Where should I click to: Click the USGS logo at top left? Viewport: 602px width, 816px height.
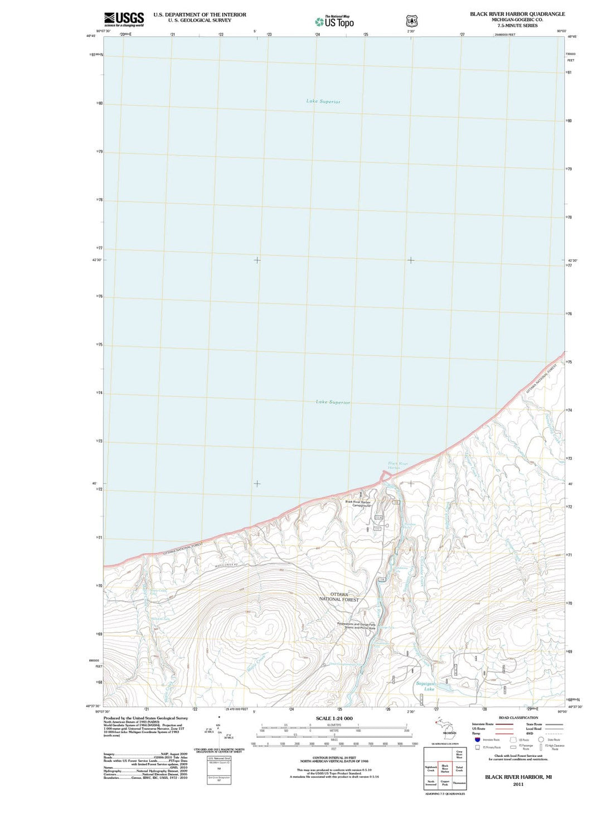pos(124,20)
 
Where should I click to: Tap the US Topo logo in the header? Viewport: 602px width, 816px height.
pos(334,22)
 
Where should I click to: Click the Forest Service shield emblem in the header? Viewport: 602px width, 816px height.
pos(411,21)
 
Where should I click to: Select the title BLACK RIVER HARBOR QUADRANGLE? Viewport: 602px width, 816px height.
pos(517,14)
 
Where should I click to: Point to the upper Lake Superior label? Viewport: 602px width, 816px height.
pos(323,102)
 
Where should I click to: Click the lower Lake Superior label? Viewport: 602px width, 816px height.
pos(333,402)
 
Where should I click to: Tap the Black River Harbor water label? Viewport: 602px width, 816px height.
pos(397,465)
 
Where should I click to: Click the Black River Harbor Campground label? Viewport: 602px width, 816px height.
pos(357,504)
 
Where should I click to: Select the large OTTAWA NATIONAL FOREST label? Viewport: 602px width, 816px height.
pos(339,597)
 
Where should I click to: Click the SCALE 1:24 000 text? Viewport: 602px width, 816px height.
pos(334,718)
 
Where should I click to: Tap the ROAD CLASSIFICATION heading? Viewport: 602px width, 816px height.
pos(518,718)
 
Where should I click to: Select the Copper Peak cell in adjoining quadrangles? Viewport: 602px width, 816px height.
pos(444,783)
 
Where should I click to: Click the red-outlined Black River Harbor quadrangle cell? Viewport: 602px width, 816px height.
pos(444,770)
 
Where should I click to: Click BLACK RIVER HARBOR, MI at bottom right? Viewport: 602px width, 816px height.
pos(518,777)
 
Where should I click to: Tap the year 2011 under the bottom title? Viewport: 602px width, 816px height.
pos(518,784)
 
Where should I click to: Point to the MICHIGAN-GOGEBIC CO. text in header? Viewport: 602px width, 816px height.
pos(517,20)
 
